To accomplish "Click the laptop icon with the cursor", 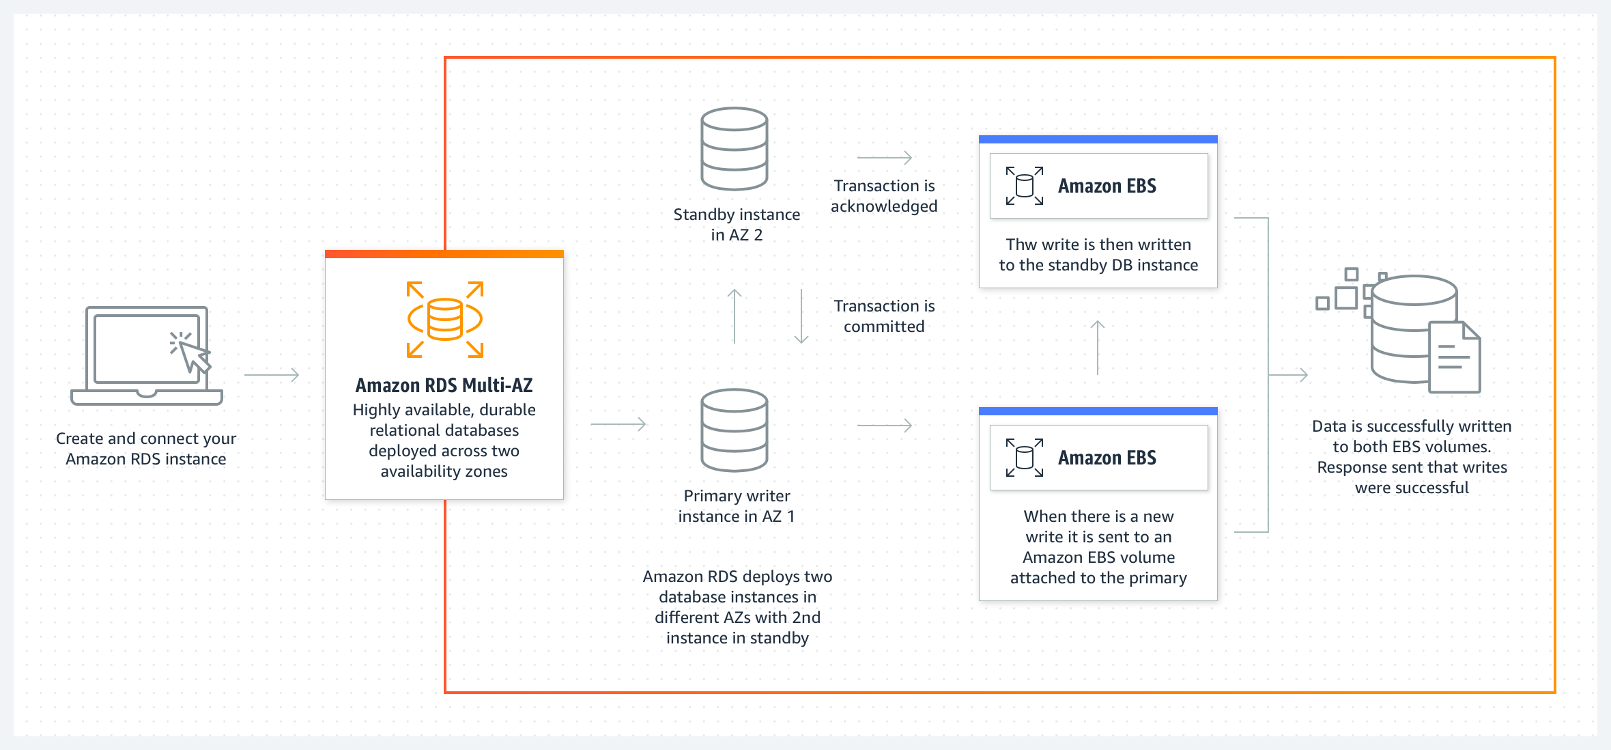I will pyautogui.click(x=147, y=355).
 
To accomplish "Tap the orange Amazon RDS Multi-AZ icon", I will pyautogui.click(x=444, y=319).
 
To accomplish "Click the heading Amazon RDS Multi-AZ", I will pyautogui.click(x=444, y=385).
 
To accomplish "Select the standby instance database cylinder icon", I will pyautogui.click(x=735, y=148).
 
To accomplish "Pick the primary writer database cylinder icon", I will pyautogui.click(x=735, y=430).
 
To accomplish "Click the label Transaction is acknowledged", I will pyautogui.click(x=884, y=196).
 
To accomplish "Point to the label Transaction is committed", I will pyautogui.click(x=884, y=316).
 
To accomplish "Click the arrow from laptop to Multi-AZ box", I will pyautogui.click(x=272, y=375).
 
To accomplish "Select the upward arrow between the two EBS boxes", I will pyautogui.click(x=1098, y=348).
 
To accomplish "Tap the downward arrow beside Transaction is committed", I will pyautogui.click(x=801, y=316).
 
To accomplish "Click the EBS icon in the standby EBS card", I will pyautogui.click(x=1025, y=186).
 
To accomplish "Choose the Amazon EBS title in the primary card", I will pyautogui.click(x=1107, y=458).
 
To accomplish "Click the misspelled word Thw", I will pyautogui.click(x=1021, y=245).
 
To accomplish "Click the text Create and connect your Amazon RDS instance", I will pyautogui.click(x=146, y=449).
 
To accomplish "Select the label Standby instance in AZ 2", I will pyautogui.click(x=737, y=225).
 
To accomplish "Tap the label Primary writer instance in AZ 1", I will pyautogui.click(x=737, y=506).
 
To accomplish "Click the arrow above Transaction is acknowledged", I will pyautogui.click(x=885, y=158).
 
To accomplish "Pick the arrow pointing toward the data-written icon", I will pyautogui.click(x=1289, y=375).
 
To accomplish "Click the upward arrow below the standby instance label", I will pyautogui.click(x=735, y=316).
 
